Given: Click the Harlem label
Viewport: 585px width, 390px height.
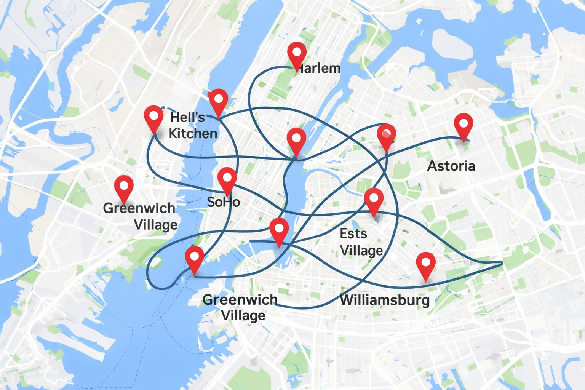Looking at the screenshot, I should (318, 69).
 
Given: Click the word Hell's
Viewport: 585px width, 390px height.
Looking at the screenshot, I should (187, 117).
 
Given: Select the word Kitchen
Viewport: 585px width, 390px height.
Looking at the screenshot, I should (193, 134).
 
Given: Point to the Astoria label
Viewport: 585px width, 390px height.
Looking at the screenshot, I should (451, 166).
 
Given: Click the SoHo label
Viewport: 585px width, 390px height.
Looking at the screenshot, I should (224, 202).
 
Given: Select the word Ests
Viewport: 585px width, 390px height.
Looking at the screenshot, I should (353, 233).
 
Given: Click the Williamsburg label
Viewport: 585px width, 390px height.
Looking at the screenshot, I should (385, 300).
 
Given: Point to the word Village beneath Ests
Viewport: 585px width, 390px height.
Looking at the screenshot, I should (361, 251).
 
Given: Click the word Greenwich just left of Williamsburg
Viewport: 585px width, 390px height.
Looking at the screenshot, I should (240, 300).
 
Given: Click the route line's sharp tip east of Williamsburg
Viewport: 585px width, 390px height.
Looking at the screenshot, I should (502, 263).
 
